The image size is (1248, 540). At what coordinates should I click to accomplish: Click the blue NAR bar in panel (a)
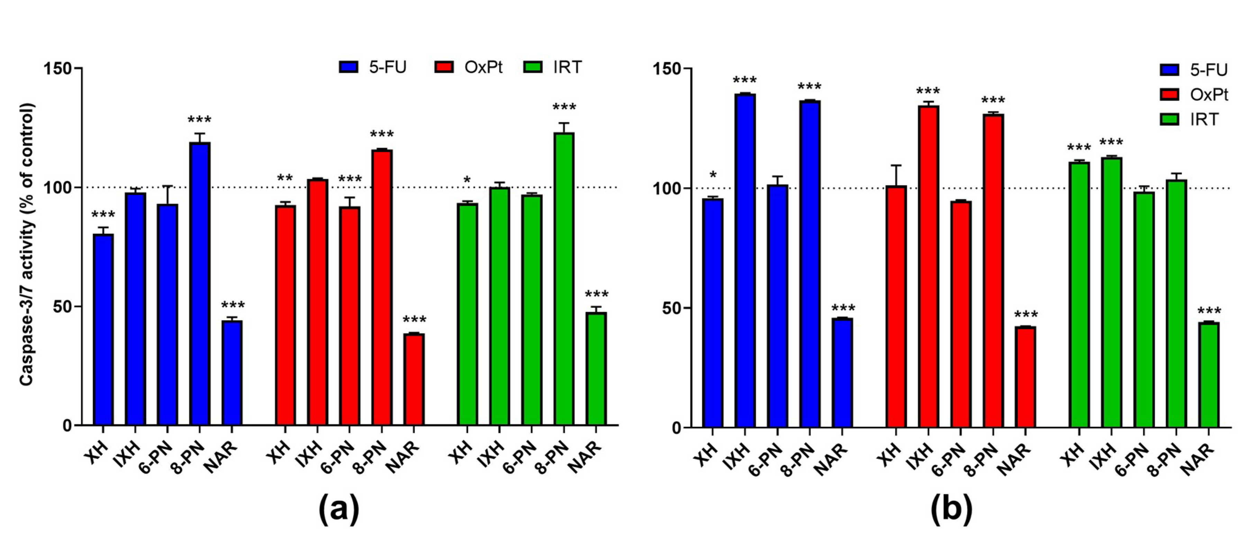click(232, 373)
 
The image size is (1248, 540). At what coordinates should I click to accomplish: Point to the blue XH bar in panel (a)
click(103, 330)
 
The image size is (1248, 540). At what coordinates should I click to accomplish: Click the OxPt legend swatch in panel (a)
click(444, 67)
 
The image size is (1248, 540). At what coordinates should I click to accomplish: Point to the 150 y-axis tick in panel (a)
click(57, 68)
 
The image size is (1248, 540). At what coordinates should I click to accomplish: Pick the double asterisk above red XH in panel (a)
click(285, 178)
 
